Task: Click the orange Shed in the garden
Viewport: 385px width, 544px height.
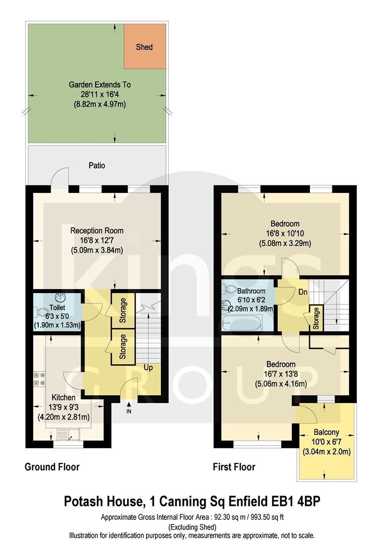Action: [x=145, y=47]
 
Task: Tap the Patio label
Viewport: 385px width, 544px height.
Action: [x=97, y=165]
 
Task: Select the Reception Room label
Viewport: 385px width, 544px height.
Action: [x=97, y=231]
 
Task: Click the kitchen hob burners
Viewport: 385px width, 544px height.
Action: [x=39, y=380]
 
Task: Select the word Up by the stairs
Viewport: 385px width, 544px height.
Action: [x=148, y=367]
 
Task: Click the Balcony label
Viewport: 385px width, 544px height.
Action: [x=327, y=432]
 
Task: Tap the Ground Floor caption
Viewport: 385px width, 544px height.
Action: [x=52, y=467]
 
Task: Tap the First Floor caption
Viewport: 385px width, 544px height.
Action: [x=233, y=467]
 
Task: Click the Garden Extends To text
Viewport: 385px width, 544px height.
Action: [x=96, y=85]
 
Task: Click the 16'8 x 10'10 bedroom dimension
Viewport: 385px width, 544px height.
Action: [x=285, y=234]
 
